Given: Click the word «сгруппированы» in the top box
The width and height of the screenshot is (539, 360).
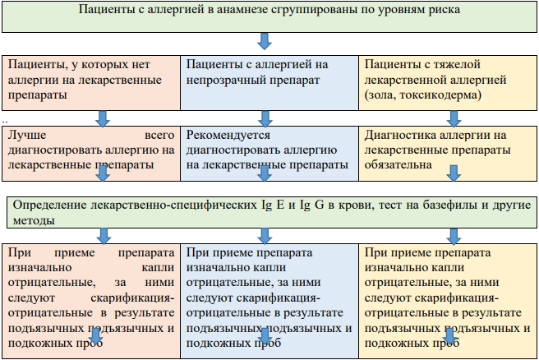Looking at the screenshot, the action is tap(314, 10).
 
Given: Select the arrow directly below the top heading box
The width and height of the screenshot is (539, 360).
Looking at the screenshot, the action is tap(265, 41).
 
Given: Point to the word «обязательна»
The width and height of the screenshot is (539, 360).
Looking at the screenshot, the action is tap(398, 164).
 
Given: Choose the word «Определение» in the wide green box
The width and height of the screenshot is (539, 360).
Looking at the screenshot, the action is tap(49, 205).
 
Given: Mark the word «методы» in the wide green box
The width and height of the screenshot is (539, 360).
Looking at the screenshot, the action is tap(34, 221).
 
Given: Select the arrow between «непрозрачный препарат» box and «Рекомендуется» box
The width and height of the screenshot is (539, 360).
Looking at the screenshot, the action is tap(265, 118).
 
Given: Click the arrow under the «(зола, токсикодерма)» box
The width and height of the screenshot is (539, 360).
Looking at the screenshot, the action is tap(454, 118).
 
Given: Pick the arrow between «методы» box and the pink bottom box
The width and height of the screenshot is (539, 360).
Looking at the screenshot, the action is tap(104, 236).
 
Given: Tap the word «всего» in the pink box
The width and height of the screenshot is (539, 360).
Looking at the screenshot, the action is tap(159, 135).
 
